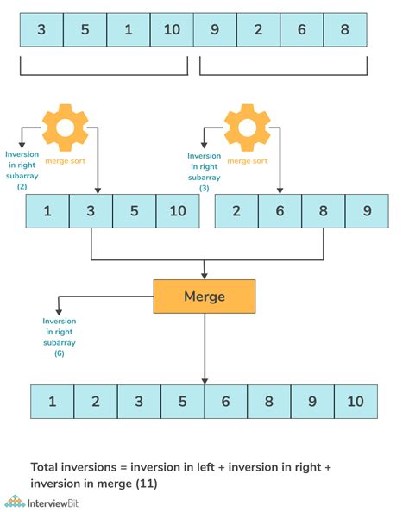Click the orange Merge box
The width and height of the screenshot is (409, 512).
(x=204, y=297)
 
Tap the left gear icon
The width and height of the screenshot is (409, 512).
(x=66, y=127)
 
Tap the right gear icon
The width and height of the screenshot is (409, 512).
(x=248, y=127)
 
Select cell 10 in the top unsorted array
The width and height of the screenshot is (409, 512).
(x=171, y=29)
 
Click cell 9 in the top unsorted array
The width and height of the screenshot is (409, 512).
(x=215, y=29)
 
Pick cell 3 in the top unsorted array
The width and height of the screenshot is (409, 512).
(x=41, y=29)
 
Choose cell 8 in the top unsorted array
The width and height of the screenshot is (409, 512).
(x=344, y=29)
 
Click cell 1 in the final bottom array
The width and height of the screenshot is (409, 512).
(x=52, y=402)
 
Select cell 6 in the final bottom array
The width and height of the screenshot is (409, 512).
(x=225, y=402)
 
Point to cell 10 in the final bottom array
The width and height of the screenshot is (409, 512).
(x=356, y=402)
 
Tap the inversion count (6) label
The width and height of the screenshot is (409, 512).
(x=60, y=353)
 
